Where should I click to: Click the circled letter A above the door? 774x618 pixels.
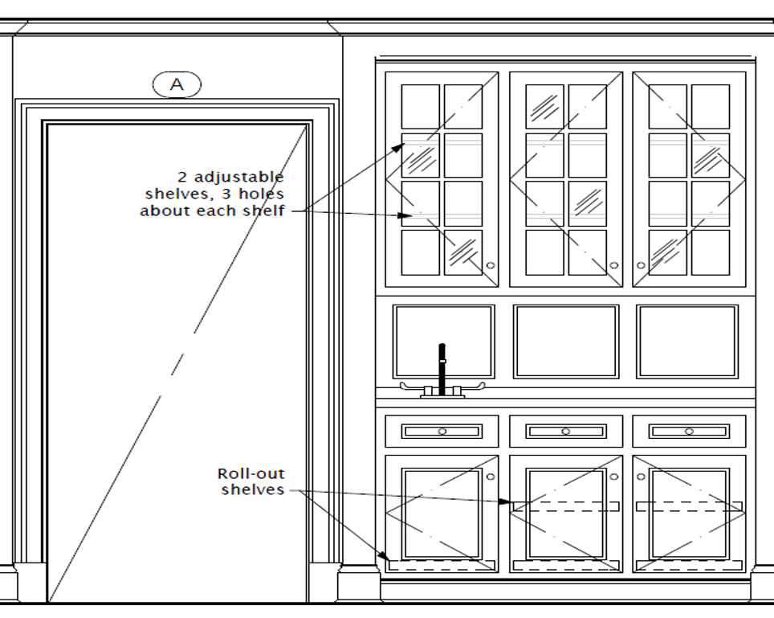177,84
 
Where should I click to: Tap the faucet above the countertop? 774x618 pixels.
442,370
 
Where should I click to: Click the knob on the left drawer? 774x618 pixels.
442,432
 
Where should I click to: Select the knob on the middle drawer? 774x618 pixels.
565,432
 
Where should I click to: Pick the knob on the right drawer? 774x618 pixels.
689,432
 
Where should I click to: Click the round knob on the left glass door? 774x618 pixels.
491,264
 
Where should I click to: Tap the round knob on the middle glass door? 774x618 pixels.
614,264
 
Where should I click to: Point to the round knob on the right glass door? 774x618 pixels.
641,264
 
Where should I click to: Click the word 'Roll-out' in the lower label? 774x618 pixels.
251,474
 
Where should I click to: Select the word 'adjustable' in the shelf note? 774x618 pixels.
243,177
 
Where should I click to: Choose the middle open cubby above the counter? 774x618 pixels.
566,342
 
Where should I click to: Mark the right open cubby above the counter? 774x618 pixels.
687,342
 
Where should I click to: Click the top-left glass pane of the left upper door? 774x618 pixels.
421,107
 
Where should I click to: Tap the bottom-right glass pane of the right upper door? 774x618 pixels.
711,252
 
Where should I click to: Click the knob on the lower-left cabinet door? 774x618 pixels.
491,476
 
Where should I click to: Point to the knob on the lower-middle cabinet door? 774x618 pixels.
614,476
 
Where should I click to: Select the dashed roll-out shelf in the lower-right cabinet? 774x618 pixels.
689,507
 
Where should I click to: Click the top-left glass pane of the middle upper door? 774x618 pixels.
544,107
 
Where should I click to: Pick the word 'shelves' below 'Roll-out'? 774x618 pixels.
253,489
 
